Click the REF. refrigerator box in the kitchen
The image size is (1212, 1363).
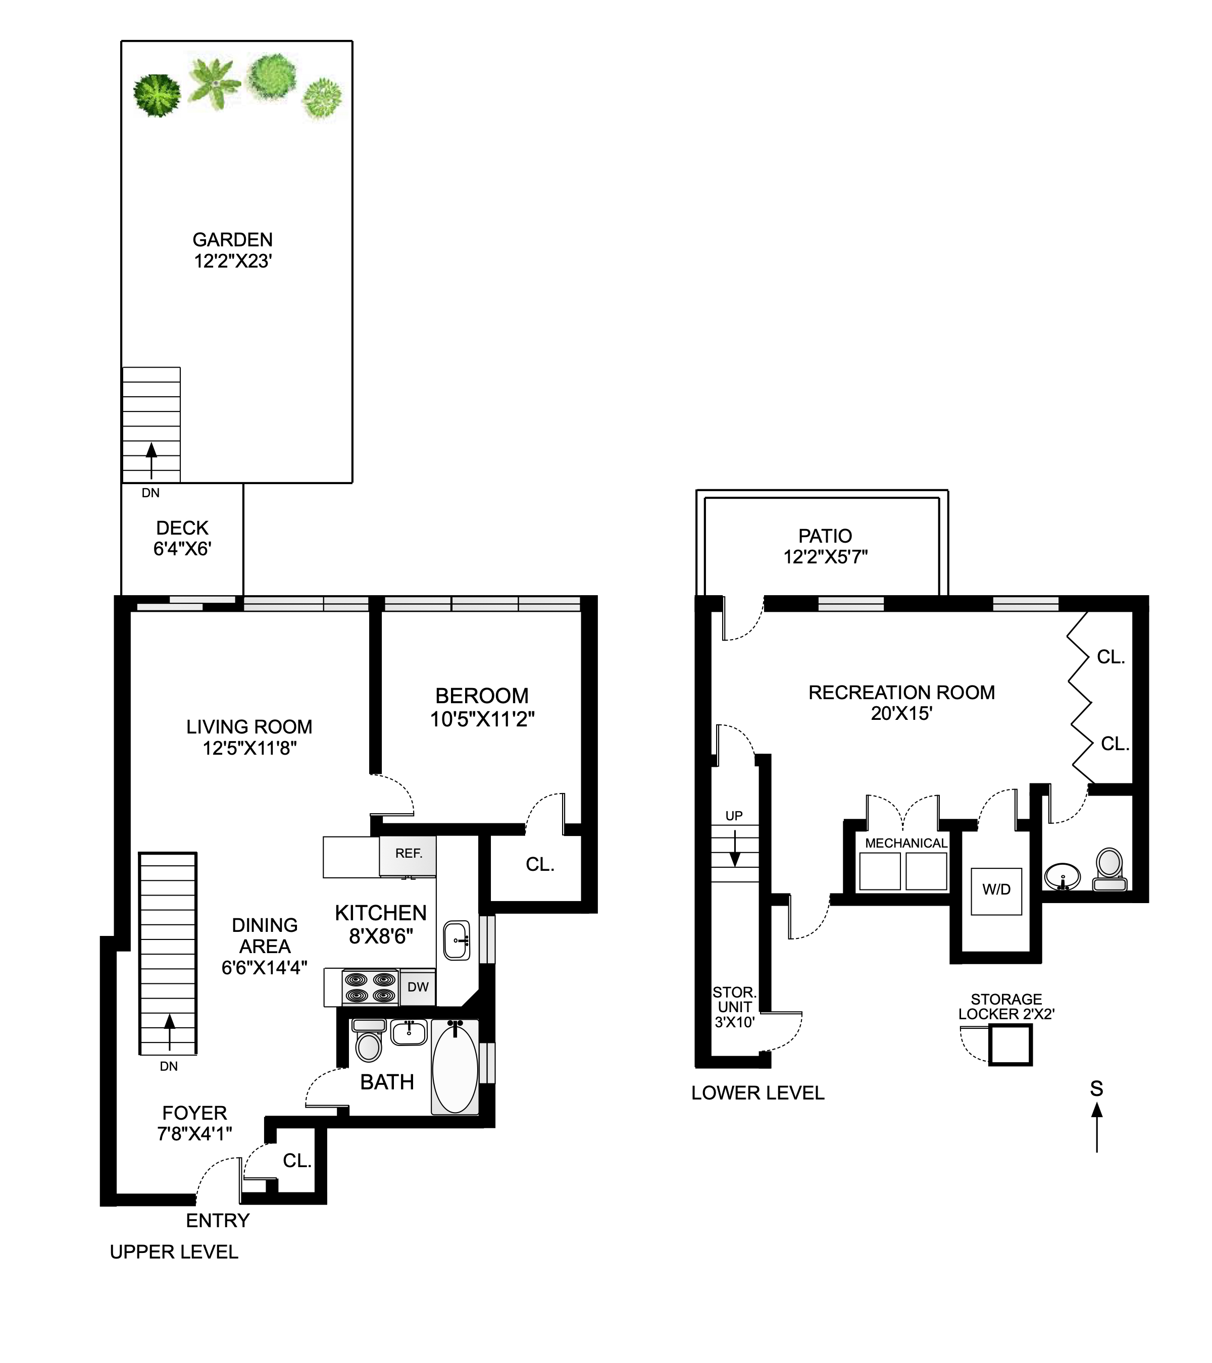click(408, 856)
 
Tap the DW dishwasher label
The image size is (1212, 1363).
click(418, 987)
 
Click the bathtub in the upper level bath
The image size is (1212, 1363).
click(455, 1068)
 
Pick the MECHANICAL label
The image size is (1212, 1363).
click(906, 844)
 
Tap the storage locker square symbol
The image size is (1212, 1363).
click(1010, 1045)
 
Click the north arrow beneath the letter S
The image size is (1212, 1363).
click(1096, 1127)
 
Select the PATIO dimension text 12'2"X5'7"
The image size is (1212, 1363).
click(825, 557)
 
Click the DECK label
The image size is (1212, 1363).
click(182, 528)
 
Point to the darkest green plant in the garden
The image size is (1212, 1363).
click(156, 96)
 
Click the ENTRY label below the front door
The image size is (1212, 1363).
click(218, 1220)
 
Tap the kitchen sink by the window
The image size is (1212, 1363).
click(457, 940)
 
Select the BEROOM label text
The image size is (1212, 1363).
click(482, 696)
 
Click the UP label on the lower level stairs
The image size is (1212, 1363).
click(734, 816)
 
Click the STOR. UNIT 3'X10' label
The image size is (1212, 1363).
click(734, 1007)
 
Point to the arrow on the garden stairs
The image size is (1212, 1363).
click(151, 459)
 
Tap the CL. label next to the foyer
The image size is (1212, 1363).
click(297, 1161)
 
